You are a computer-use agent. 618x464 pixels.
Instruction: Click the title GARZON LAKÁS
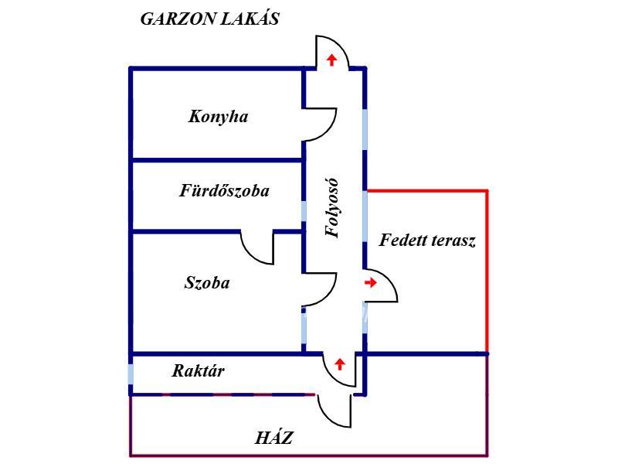click(x=209, y=19)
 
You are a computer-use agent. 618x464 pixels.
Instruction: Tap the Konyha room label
click(x=218, y=117)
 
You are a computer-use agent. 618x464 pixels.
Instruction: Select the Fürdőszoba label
click(x=224, y=190)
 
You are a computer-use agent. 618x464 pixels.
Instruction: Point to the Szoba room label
click(x=207, y=282)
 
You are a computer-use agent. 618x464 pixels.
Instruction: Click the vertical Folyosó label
click(x=333, y=209)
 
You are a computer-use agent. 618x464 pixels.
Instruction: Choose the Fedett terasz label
click(x=427, y=240)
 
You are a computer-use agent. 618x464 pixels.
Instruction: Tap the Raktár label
click(x=198, y=370)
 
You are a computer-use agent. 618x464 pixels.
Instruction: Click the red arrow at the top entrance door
click(x=332, y=60)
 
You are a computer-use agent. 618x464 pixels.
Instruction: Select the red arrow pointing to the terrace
click(x=371, y=283)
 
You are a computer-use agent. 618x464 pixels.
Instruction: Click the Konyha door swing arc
click(x=321, y=124)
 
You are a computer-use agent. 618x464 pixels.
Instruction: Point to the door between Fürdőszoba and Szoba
click(x=258, y=246)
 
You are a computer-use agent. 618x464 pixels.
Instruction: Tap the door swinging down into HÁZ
click(x=334, y=410)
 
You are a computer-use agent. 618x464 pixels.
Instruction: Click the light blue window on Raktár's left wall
click(x=131, y=377)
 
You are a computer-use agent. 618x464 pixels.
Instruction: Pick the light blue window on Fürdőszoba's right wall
click(x=304, y=210)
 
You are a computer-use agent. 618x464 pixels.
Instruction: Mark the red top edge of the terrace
click(x=426, y=189)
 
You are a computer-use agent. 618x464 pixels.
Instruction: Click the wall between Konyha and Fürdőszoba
click(x=216, y=160)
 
